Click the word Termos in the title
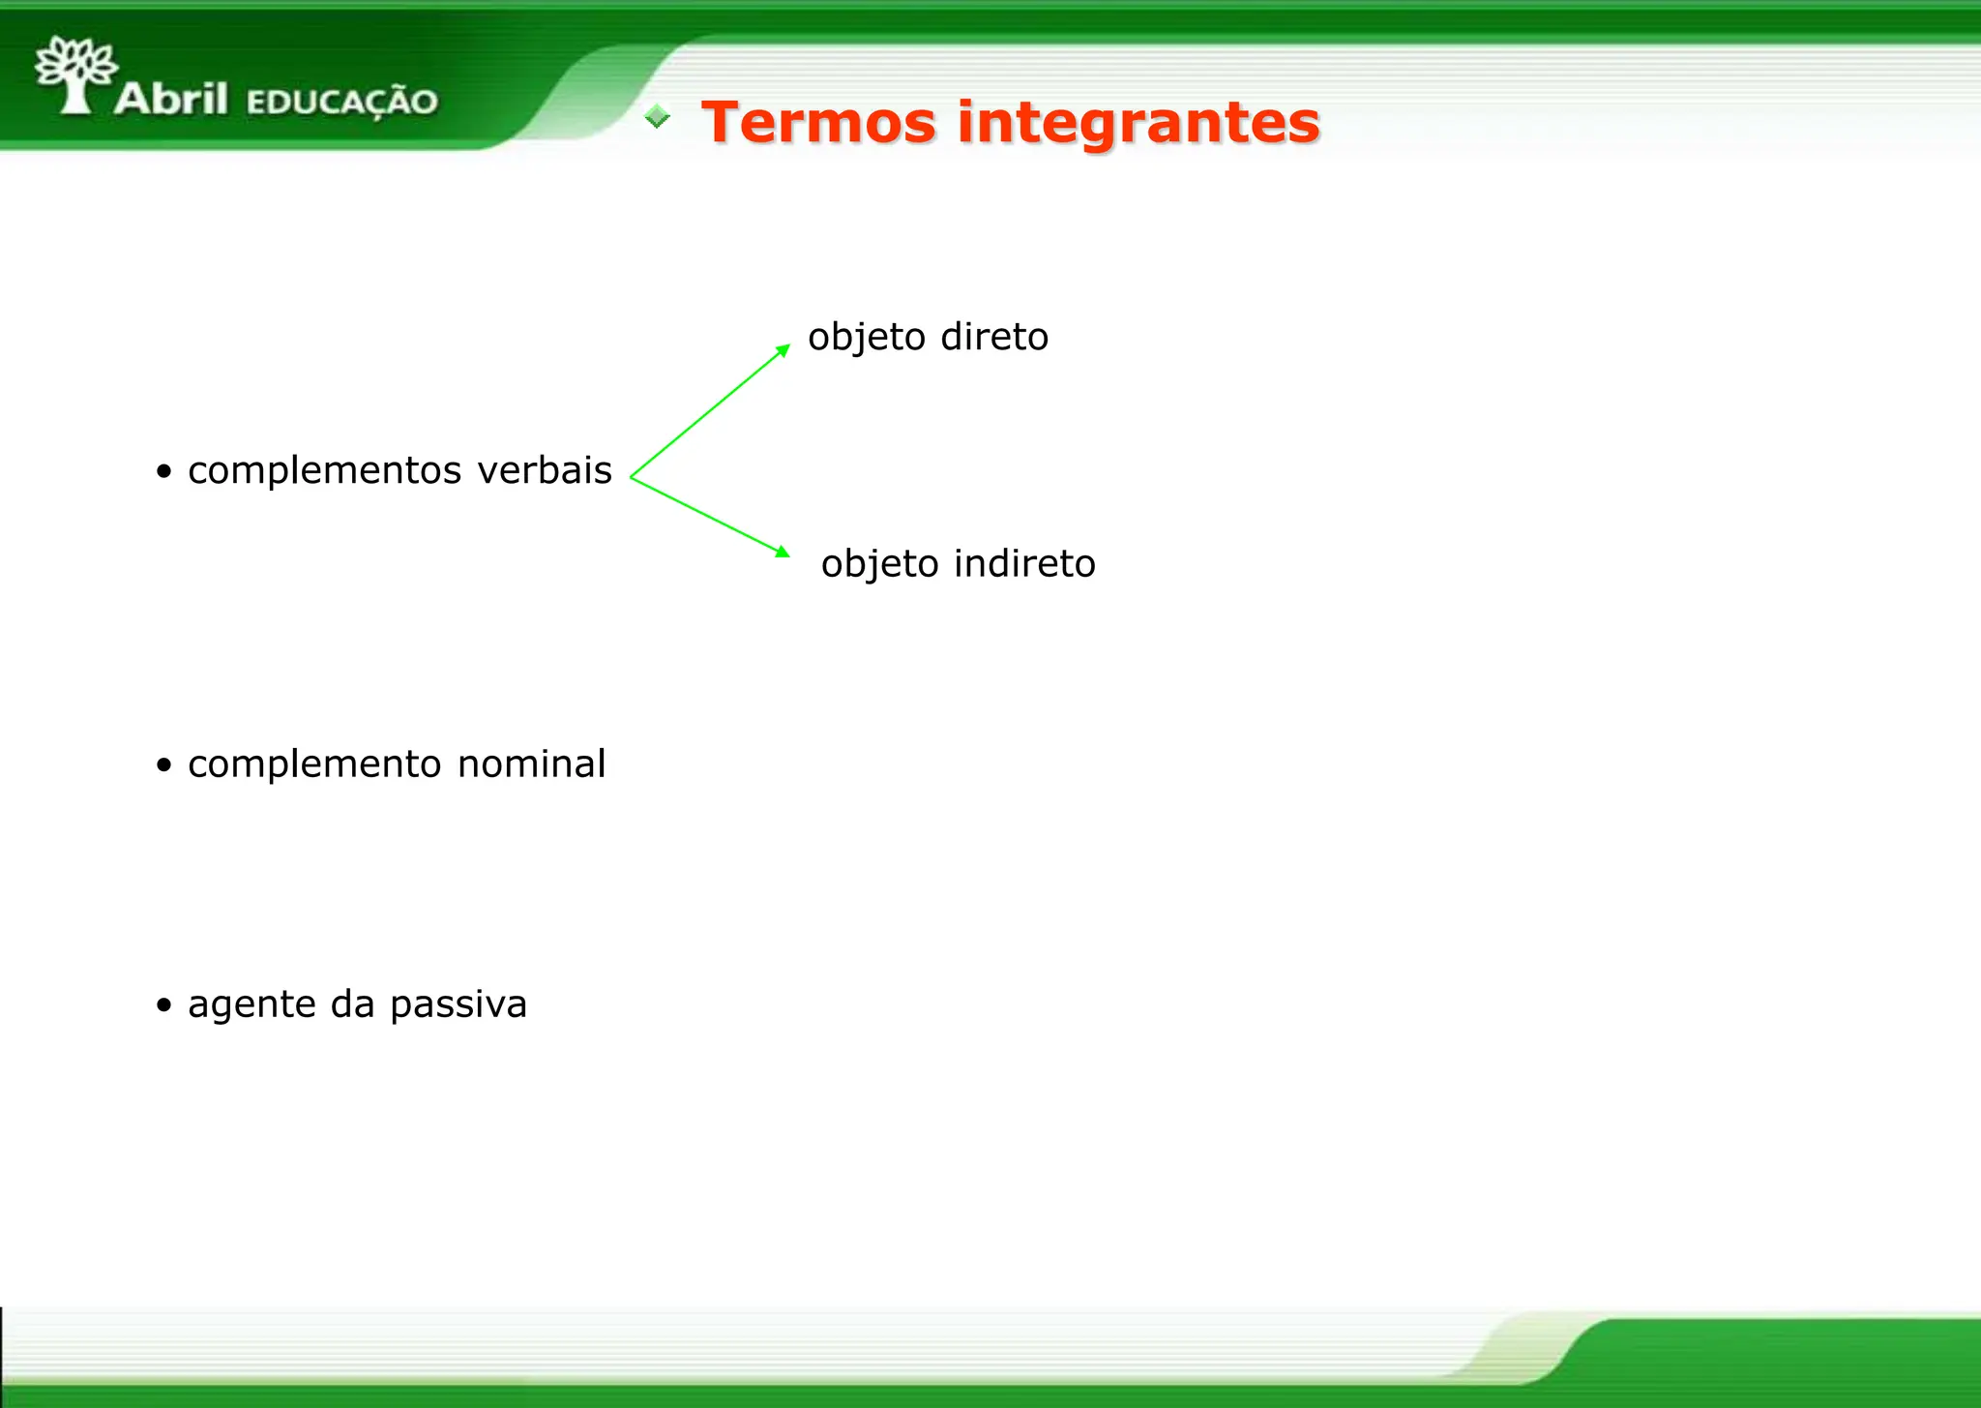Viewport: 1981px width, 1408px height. coord(818,123)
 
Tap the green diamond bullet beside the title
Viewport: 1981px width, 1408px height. coord(658,117)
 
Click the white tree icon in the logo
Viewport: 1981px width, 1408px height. coord(74,74)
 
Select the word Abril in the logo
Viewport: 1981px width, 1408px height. coord(171,99)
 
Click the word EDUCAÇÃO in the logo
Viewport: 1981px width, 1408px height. coord(341,102)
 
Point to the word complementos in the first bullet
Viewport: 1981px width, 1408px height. coord(324,471)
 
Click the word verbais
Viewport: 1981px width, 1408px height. coord(545,470)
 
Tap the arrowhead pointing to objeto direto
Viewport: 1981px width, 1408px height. coord(784,350)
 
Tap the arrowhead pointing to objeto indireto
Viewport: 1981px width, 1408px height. coord(782,552)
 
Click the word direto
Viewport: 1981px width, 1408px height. coord(993,337)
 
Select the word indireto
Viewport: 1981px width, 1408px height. coord(1024,563)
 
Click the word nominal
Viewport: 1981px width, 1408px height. coord(531,764)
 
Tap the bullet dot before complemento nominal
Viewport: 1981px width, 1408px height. coord(164,765)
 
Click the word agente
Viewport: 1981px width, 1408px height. coord(251,1005)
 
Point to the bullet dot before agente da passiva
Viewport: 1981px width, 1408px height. coord(164,1005)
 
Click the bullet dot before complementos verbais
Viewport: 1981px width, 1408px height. coord(164,472)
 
